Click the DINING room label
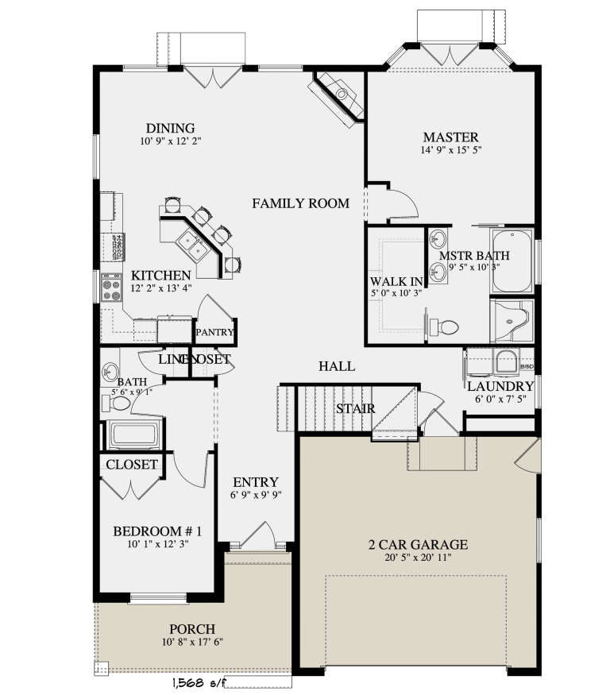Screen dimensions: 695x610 tap(170, 129)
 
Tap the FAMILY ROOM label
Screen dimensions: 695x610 tap(300, 204)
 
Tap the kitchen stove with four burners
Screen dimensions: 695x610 tap(110, 287)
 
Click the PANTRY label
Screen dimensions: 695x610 tap(214, 333)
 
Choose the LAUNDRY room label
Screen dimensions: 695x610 tap(500, 386)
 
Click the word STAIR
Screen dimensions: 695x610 tap(349, 409)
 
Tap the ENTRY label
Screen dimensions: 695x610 tap(255, 482)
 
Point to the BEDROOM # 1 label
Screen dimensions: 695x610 tap(156, 531)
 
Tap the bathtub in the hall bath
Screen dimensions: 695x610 tap(134, 434)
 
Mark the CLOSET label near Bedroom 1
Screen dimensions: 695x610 tap(132, 465)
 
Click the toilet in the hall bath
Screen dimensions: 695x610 tap(118, 403)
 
